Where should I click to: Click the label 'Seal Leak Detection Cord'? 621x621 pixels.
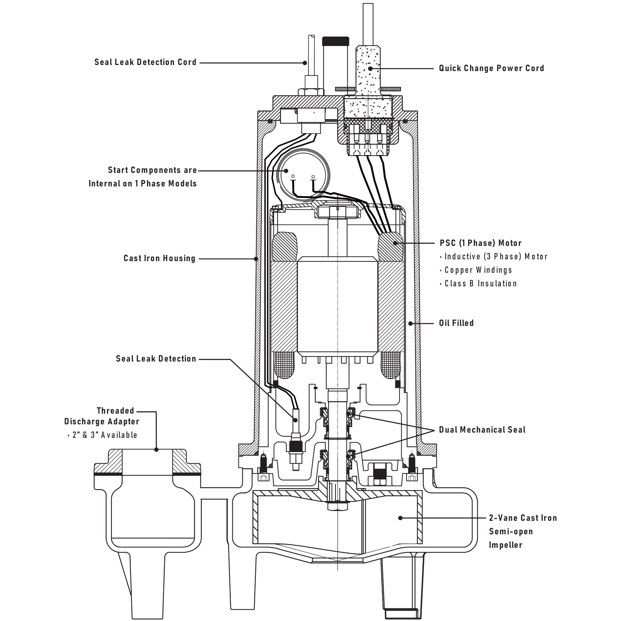point(145,62)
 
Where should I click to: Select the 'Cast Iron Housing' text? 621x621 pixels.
point(159,258)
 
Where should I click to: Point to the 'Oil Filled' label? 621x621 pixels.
point(456,323)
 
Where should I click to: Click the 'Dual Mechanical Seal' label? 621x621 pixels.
point(482,430)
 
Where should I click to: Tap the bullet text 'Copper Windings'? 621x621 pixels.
point(478,270)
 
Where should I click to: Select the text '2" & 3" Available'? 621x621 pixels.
point(105,435)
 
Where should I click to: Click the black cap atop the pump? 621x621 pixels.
point(335,41)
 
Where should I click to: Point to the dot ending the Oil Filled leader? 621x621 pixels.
point(410,323)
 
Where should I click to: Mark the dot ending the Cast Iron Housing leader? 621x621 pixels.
point(256,258)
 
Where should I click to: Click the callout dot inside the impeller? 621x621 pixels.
point(400,518)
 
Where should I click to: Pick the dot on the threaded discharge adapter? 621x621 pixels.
point(156,450)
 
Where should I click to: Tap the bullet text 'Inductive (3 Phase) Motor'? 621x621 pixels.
point(496,257)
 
